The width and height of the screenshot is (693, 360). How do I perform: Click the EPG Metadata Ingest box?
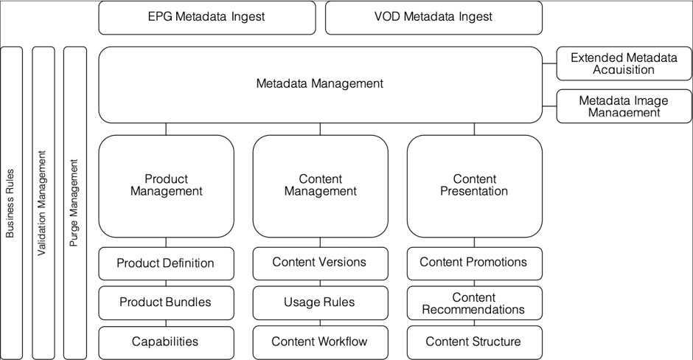pyautogui.click(x=206, y=17)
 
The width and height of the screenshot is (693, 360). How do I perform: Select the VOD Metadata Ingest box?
pyautogui.click(x=433, y=17)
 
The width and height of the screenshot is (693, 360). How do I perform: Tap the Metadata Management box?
pyautogui.click(x=320, y=84)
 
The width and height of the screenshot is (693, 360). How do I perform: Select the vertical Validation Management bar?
pyautogui.click(x=43, y=203)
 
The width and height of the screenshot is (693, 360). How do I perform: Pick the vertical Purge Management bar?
pyautogui.click(x=74, y=203)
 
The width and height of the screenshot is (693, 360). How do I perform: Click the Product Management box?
pyautogui.click(x=166, y=185)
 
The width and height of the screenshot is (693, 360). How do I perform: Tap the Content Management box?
pyautogui.click(x=320, y=185)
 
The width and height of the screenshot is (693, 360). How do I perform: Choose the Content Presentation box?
pyautogui.click(x=474, y=185)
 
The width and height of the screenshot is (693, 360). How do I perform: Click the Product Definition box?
pyautogui.click(x=166, y=263)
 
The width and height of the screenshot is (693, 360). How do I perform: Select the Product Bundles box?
pyautogui.click(x=166, y=302)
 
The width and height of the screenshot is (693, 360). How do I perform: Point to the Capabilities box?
pyautogui.click(x=166, y=342)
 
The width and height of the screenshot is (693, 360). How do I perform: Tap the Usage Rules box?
pyautogui.click(x=320, y=302)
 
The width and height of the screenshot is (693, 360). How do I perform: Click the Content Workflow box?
pyautogui.click(x=320, y=342)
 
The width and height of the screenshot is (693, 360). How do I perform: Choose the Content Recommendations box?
pyautogui.click(x=474, y=302)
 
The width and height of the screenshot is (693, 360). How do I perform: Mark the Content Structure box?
pyautogui.click(x=474, y=342)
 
